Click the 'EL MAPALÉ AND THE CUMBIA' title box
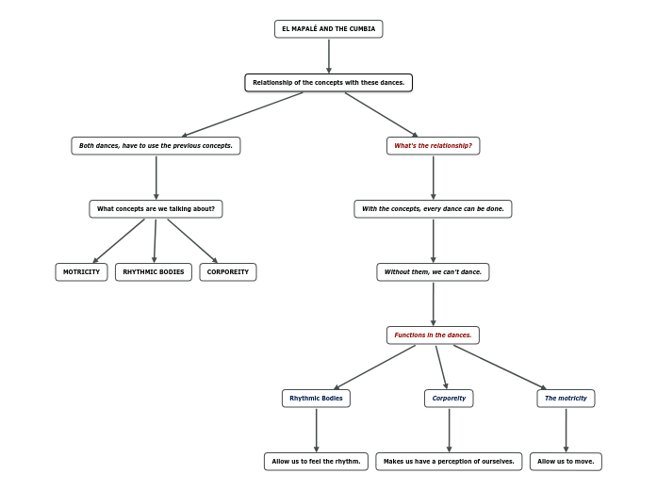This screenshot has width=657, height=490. (x=328, y=29)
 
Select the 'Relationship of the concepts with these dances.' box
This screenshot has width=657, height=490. (x=328, y=83)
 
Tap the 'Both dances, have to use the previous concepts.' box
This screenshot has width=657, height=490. (x=156, y=146)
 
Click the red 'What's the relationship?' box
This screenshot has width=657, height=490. (x=433, y=146)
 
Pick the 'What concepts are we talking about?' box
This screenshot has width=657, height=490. (x=156, y=209)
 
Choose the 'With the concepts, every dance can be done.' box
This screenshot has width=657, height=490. (x=433, y=209)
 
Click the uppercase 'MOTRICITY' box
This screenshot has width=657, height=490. (x=81, y=272)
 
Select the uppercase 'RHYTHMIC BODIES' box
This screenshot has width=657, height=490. (x=154, y=272)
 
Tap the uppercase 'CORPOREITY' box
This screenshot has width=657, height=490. (x=228, y=272)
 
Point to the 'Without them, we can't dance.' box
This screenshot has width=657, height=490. (x=433, y=272)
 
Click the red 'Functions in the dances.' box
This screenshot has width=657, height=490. (x=433, y=335)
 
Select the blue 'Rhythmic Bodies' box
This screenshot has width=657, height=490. (x=316, y=399)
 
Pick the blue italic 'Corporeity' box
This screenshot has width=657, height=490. (x=449, y=399)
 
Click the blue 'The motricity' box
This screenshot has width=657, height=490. (x=566, y=399)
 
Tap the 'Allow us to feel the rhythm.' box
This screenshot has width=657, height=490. (x=316, y=462)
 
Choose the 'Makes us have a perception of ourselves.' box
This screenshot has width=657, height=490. (x=449, y=462)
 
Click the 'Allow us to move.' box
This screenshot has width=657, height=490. (x=566, y=462)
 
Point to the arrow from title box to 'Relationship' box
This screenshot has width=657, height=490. (x=328, y=56)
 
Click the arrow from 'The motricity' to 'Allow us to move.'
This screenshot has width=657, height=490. (x=566, y=430)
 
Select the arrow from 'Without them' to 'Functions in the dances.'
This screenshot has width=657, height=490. (x=433, y=303)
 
